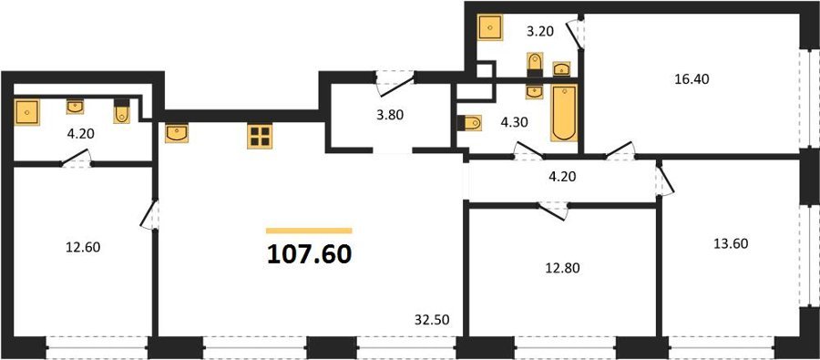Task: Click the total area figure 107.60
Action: [309, 254]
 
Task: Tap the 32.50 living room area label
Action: [432, 318]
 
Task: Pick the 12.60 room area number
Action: [83, 247]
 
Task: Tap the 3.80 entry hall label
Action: [390, 115]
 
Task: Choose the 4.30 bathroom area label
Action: [513, 122]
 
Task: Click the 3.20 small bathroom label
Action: [539, 33]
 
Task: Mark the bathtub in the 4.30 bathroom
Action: [564, 112]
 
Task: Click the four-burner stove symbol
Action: [260, 137]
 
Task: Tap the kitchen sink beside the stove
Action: [177, 133]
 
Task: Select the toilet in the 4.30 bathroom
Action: [469, 123]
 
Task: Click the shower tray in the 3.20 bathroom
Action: [490, 27]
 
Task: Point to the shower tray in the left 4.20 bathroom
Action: [26, 112]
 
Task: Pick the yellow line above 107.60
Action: [309, 231]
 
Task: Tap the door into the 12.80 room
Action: [553, 211]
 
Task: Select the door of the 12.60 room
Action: [149, 214]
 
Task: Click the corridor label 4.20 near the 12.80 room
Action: [561, 177]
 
